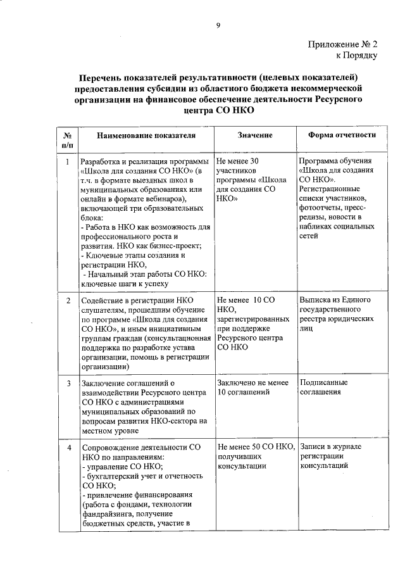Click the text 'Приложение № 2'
343,45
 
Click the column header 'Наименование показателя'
146,135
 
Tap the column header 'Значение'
255,135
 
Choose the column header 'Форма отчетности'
342,135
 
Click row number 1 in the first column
68,161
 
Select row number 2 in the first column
68,299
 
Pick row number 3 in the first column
68,383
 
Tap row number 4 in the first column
68,447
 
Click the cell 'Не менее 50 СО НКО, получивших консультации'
256,456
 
